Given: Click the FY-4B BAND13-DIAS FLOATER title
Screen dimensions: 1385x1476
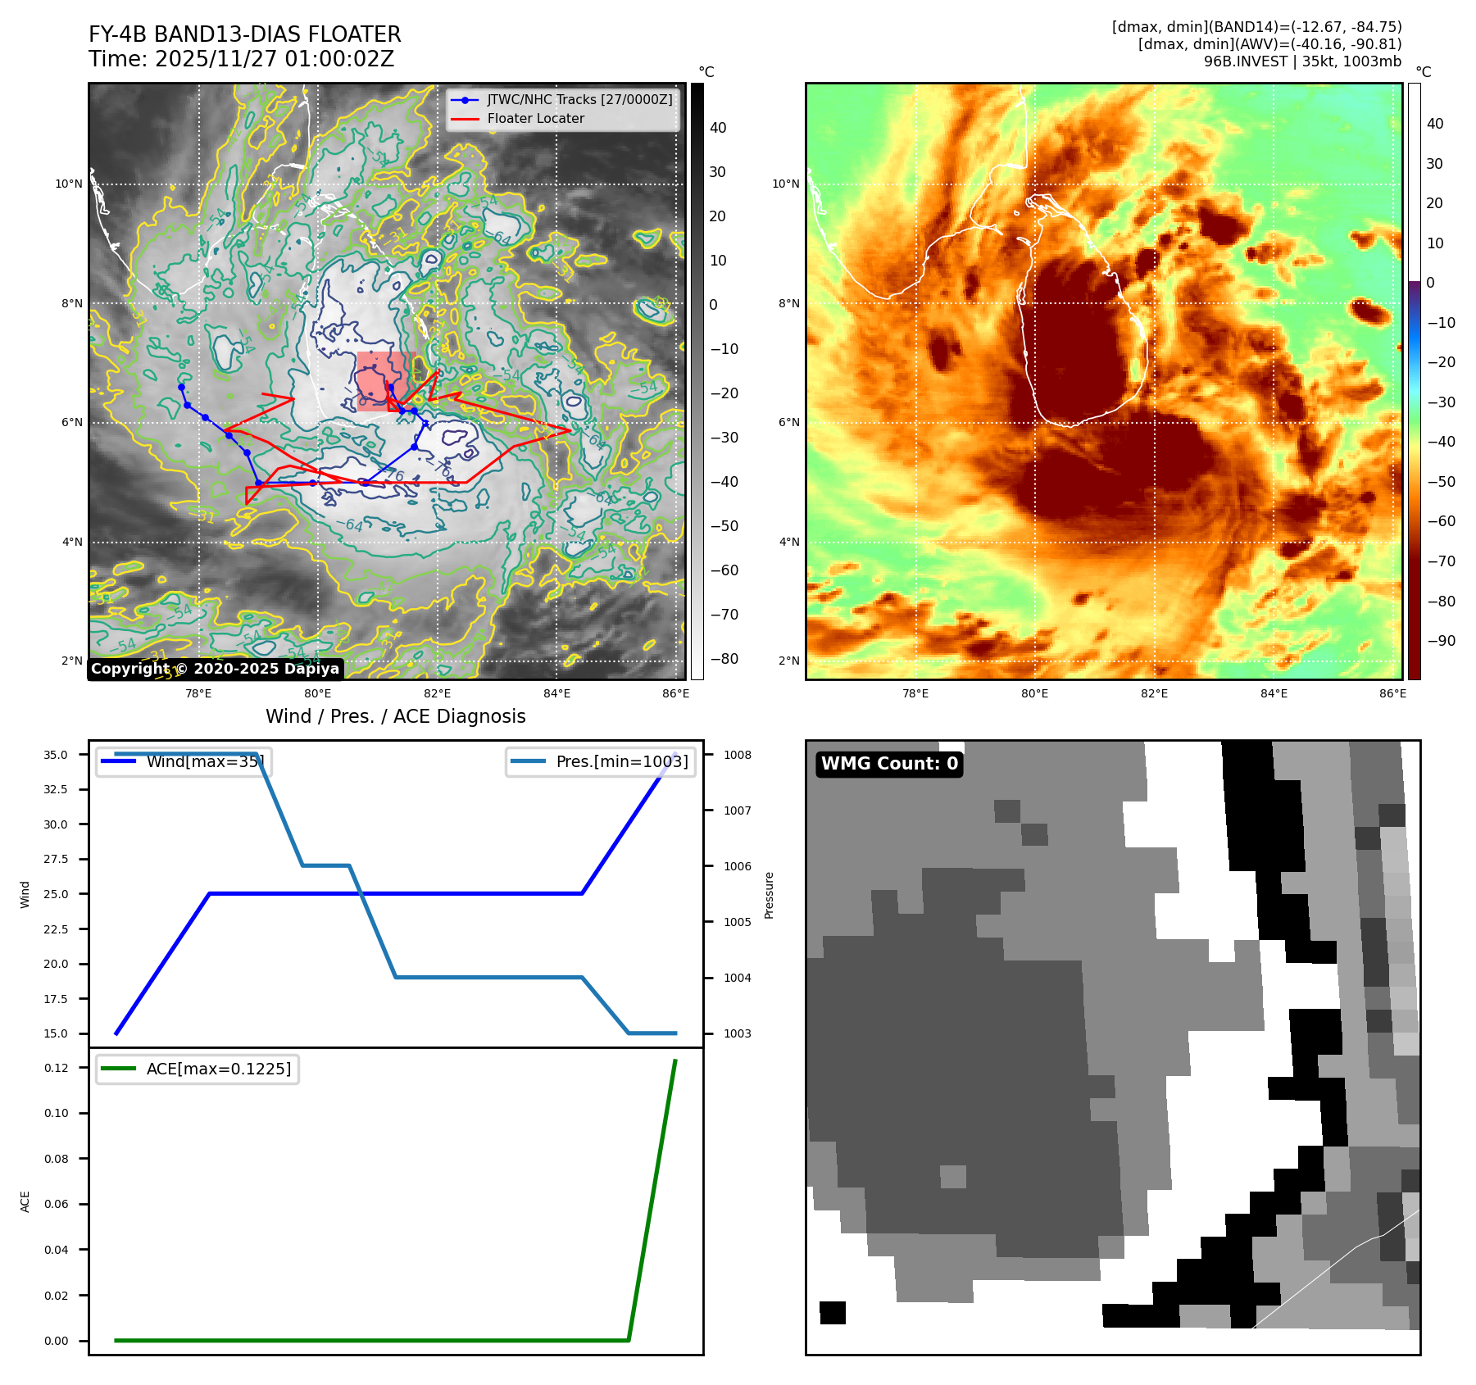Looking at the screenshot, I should pos(244,34).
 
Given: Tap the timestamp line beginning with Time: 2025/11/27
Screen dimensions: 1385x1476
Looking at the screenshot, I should pos(241,59).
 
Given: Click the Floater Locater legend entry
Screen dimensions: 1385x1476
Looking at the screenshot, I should pos(535,119).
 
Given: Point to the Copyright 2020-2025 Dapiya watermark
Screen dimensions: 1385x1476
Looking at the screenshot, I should pos(215,669).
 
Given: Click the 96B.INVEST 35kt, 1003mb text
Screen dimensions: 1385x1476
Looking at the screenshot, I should pos(1302,61).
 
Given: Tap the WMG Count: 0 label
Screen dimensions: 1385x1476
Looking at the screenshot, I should pos(889,764).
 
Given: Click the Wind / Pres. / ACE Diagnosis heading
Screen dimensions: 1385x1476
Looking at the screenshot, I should pos(395,716).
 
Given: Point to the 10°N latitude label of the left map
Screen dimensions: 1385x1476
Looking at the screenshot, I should pos(69,184).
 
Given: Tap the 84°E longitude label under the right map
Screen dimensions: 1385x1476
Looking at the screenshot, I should pos(1274,693).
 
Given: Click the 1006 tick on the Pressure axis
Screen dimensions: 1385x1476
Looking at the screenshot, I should pos(738,866).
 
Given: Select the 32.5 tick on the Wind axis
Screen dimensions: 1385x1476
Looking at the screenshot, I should pos(56,789).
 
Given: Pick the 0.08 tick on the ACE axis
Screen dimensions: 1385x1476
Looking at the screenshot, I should pos(57,1159).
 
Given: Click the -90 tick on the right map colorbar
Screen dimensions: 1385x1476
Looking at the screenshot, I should pos(1441,641).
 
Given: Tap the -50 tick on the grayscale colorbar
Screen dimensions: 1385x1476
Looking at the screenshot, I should pos(724,526).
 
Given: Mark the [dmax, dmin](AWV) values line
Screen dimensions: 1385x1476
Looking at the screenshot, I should pos(1269,44).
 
